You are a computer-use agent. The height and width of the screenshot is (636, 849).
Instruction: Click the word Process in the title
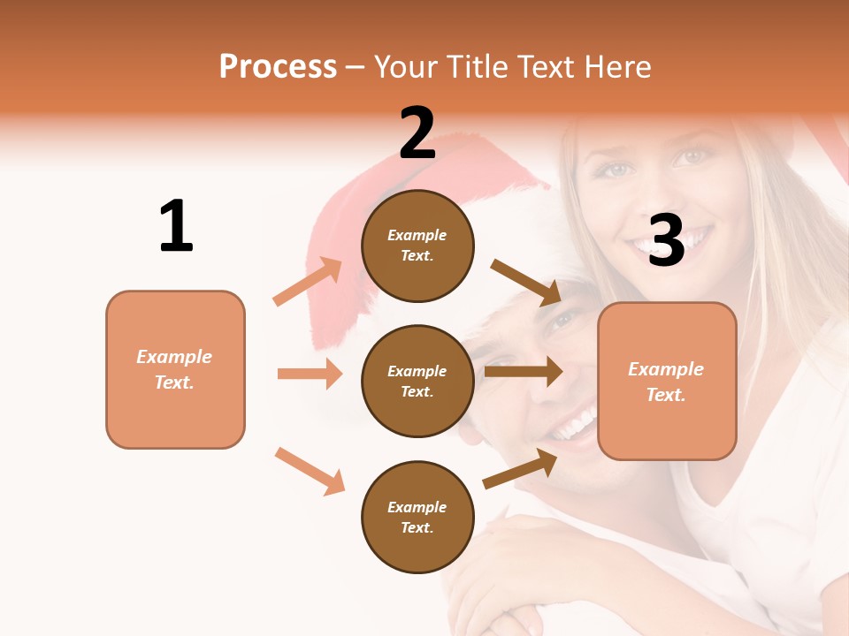point(278,67)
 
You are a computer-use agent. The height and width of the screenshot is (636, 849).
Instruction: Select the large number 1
point(176,226)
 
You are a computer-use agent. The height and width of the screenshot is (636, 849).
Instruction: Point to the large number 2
point(417,133)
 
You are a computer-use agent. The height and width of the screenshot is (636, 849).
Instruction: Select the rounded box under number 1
point(175,369)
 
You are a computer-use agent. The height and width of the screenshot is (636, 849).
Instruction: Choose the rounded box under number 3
point(667,381)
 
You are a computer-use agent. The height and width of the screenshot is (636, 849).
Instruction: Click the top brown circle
point(417,246)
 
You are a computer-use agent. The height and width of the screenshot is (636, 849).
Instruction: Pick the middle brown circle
point(417,381)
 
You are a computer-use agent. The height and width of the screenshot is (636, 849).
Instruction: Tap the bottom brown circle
point(417,517)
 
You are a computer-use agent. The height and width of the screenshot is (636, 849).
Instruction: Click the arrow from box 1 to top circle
point(308,282)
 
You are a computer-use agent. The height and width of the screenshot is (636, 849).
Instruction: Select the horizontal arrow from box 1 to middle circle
point(310,374)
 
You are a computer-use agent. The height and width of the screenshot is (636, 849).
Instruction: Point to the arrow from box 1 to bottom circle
point(310,470)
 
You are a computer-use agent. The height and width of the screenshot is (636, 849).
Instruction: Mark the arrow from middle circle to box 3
point(524,372)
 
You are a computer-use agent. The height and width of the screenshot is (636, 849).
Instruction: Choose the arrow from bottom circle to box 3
point(520,469)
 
